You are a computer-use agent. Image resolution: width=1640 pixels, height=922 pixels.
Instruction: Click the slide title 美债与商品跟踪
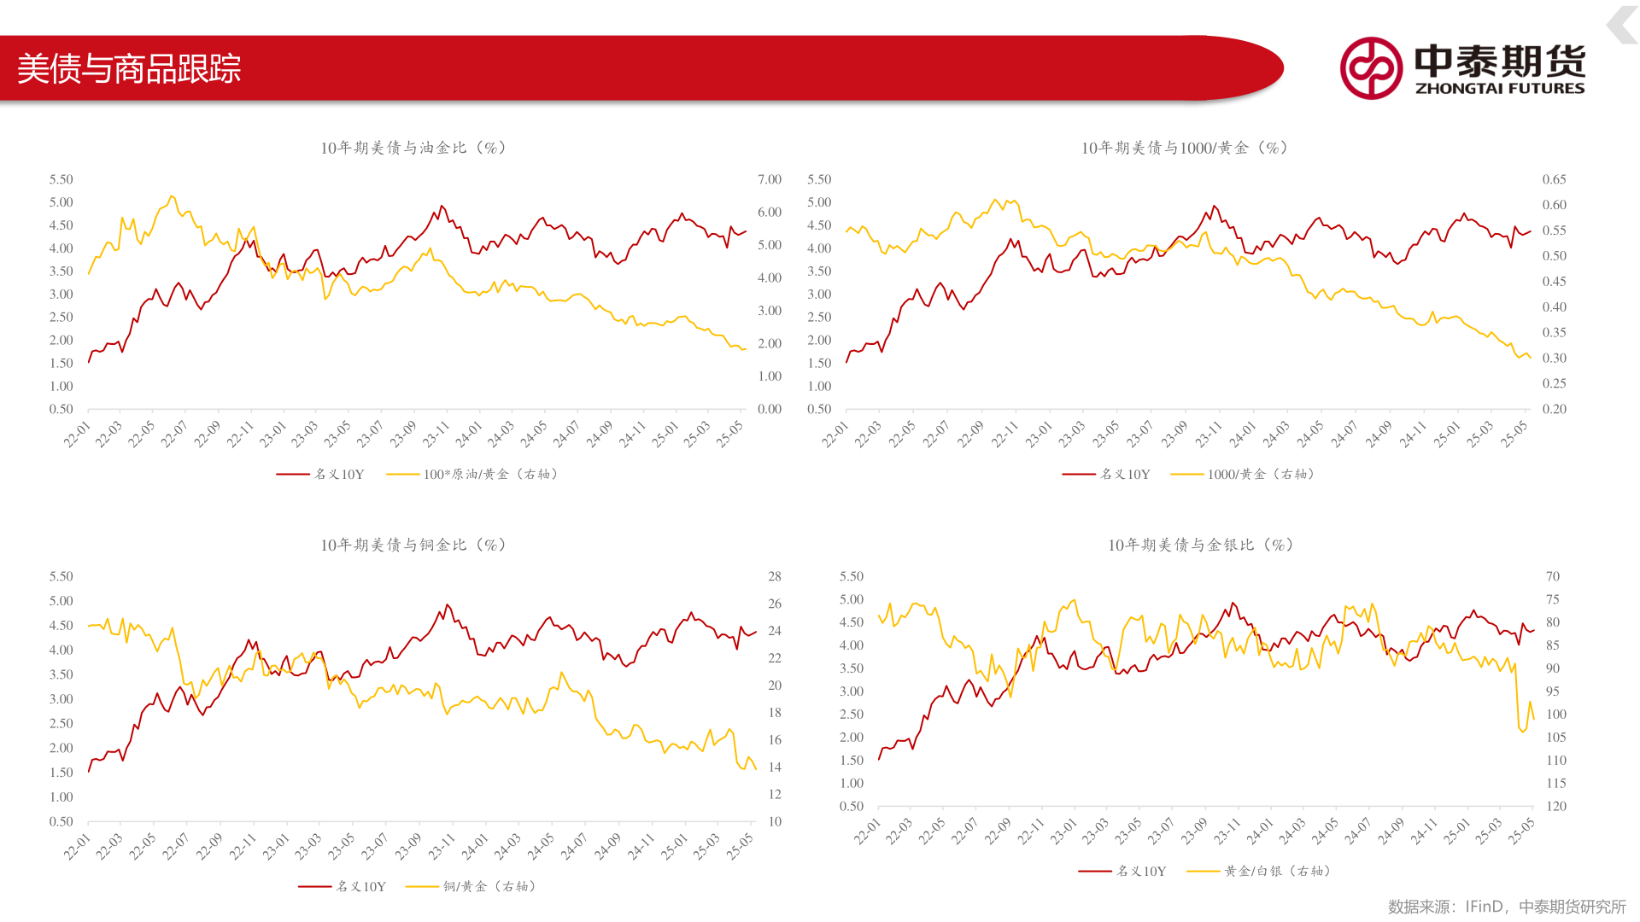pyautogui.click(x=129, y=68)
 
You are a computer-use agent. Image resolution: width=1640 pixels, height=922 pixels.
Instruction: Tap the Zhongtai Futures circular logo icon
pyautogui.click(x=1371, y=68)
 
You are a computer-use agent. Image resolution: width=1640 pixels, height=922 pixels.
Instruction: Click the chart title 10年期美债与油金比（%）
pyautogui.click(x=413, y=148)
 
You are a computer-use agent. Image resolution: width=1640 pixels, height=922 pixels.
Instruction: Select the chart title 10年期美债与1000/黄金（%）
pyautogui.click(x=1185, y=148)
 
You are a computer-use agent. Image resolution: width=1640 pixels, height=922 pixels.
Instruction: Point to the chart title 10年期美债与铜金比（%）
pyautogui.click(x=413, y=545)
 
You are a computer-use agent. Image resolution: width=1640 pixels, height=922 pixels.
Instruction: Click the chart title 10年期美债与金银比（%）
pyautogui.click(x=1200, y=545)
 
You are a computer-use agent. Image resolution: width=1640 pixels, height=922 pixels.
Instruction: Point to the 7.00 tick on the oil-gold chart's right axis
pyautogui.click(x=770, y=179)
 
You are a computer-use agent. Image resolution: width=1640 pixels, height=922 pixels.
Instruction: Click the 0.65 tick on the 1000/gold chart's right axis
pyautogui.click(x=1554, y=179)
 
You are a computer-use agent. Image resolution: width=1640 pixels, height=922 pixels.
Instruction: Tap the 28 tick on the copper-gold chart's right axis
pyautogui.click(x=775, y=576)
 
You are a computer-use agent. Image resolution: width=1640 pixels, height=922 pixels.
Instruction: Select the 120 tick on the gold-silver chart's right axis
pyautogui.click(x=1556, y=806)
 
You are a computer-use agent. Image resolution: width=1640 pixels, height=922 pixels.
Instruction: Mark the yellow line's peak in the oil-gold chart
pyautogui.click(x=171, y=196)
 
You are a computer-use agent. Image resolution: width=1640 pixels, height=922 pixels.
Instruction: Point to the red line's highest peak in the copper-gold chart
pyautogui.click(x=448, y=604)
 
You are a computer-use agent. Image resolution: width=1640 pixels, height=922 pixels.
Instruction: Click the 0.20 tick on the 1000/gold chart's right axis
pyautogui.click(x=1554, y=409)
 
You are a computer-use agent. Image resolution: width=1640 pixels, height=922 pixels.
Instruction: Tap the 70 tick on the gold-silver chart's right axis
pyautogui.click(x=1553, y=576)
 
